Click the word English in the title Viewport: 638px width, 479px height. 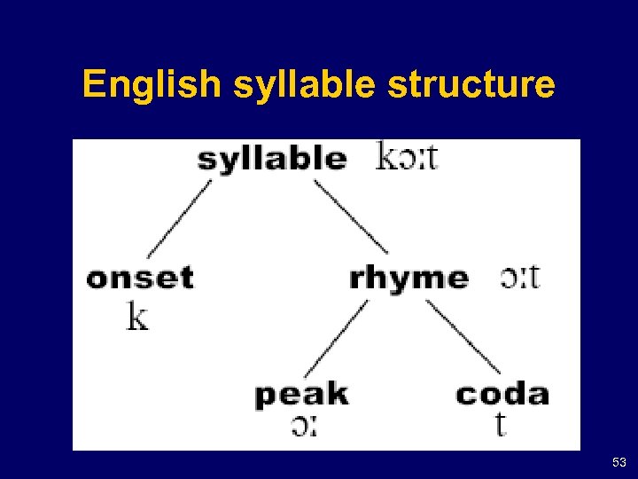(x=150, y=85)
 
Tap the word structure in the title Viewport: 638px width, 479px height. (x=459, y=85)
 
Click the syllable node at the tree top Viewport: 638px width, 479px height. (x=271, y=158)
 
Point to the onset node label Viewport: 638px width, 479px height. (x=139, y=278)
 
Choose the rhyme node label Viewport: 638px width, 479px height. (x=408, y=278)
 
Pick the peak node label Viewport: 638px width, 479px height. (x=301, y=394)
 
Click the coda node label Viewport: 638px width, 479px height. (x=502, y=394)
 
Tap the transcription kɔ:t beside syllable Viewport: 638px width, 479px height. (x=407, y=157)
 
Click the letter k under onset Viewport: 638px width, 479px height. (x=136, y=317)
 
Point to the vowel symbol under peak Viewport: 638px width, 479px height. (x=303, y=427)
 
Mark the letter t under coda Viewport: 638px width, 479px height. (x=501, y=425)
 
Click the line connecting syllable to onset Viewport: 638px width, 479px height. (x=179, y=219)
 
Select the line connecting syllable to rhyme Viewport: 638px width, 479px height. (x=351, y=217)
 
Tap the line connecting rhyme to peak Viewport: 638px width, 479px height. (x=336, y=340)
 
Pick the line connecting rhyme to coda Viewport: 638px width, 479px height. (x=463, y=337)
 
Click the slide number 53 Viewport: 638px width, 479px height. (x=619, y=463)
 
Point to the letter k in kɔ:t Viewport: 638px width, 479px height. (x=386, y=156)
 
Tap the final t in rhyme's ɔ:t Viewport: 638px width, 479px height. (x=533, y=278)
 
